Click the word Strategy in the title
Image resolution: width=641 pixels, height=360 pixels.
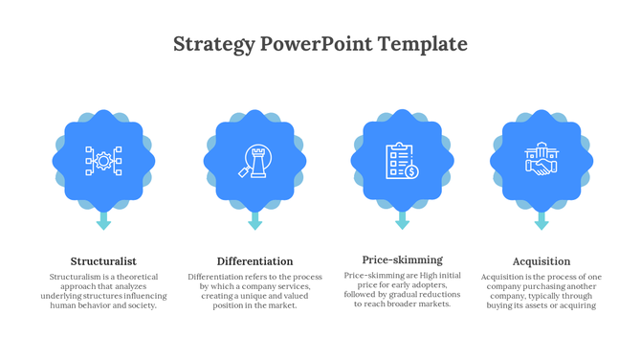click(214, 44)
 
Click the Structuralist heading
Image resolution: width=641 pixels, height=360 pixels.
click(103, 261)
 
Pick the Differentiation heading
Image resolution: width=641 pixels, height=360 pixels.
click(254, 261)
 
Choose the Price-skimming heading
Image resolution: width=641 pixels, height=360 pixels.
click(402, 259)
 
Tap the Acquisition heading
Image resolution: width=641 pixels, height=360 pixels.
click(542, 261)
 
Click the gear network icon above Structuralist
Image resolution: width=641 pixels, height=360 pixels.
click(103, 160)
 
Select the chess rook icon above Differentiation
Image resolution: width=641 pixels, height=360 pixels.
click(254, 160)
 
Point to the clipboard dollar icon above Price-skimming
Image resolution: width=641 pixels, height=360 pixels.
click(402, 160)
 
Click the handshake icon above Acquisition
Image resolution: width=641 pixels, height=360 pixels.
click(542, 160)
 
